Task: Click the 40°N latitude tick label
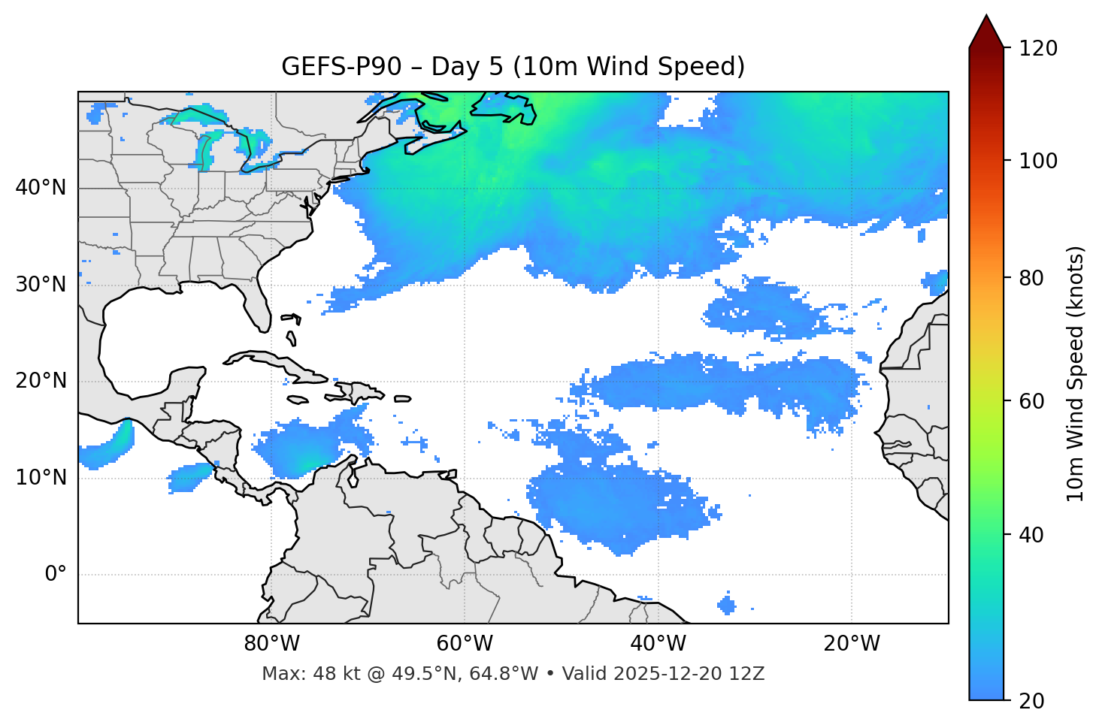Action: tap(41, 188)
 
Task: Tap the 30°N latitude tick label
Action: tap(41, 285)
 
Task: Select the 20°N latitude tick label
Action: tap(41, 381)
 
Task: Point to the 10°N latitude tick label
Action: tap(41, 478)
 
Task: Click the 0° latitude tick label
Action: tap(56, 575)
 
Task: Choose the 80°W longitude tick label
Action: tap(271, 644)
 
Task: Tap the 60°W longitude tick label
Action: tap(465, 644)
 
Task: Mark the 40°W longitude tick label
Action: tap(658, 644)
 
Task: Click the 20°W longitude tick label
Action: tap(851, 644)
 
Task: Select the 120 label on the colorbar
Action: tap(1037, 48)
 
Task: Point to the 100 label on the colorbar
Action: tap(1037, 161)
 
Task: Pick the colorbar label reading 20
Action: tap(1032, 701)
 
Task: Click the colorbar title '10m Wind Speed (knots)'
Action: tap(1076, 374)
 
